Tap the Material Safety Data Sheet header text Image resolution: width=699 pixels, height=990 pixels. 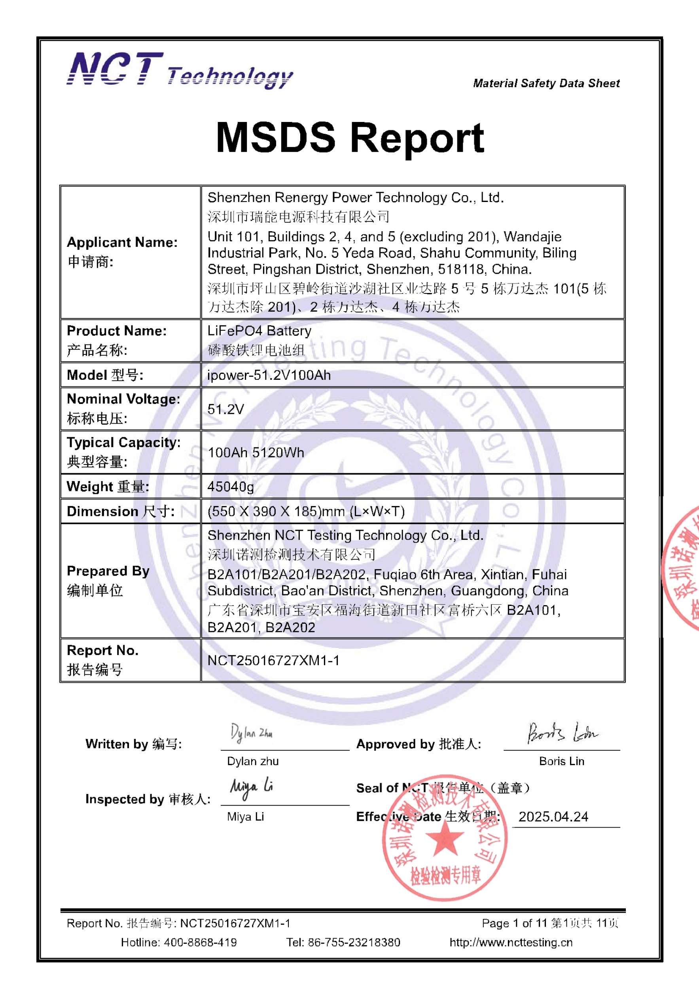pyautogui.click(x=546, y=83)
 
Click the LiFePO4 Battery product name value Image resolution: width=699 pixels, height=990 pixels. pyautogui.click(x=259, y=331)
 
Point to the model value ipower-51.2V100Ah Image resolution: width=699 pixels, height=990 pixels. pyautogui.click(x=269, y=375)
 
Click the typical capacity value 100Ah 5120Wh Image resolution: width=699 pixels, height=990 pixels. pyautogui.click(x=256, y=453)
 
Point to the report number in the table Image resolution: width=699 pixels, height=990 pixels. pyautogui.click(x=273, y=660)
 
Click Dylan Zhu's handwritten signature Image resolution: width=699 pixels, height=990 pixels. pyautogui.click(x=252, y=733)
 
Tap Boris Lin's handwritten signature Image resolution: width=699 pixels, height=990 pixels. pyautogui.click(x=562, y=733)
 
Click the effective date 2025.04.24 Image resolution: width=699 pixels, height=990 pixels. pyautogui.click(x=553, y=817)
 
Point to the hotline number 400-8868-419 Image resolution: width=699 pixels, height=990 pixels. pyautogui.click(x=200, y=942)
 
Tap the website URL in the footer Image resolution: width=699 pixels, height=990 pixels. pyautogui.click(x=511, y=942)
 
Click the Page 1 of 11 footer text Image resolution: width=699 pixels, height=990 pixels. pyautogui.click(x=514, y=923)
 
